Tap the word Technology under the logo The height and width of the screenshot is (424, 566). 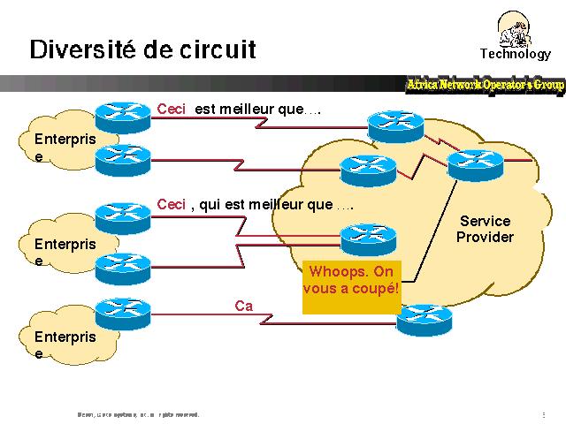pos(515,54)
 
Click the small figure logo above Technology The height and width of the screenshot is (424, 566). pos(516,28)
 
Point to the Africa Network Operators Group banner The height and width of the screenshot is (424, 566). pos(485,85)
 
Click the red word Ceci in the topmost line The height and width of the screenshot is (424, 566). pos(171,110)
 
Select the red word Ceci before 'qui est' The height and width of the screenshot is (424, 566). pos(171,204)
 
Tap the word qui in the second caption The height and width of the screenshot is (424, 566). pos(210,205)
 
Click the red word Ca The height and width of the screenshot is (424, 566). pos(243,306)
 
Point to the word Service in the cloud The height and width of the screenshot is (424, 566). pos(485,221)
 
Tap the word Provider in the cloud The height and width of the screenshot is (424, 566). pos(485,237)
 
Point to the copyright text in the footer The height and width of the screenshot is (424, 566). pos(138,413)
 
